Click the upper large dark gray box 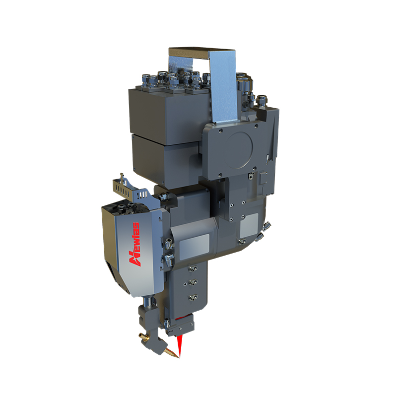coord(164,109)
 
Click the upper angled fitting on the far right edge coord(266,226)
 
